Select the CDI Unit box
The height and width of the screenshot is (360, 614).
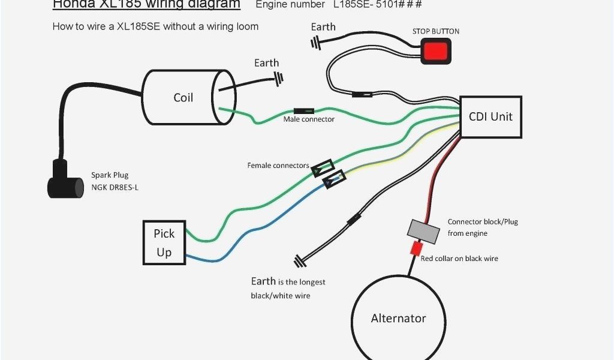[x=490, y=117]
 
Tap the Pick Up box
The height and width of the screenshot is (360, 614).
[x=164, y=242]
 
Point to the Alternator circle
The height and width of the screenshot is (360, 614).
[x=398, y=318]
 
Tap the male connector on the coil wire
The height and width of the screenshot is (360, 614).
[x=304, y=111]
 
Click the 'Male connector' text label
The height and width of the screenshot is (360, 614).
[x=309, y=119]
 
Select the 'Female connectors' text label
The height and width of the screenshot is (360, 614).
[x=278, y=166]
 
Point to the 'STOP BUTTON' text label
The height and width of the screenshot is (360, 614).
[x=436, y=31]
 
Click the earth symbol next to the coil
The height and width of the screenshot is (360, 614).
[x=278, y=78]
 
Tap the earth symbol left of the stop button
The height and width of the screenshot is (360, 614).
[x=315, y=42]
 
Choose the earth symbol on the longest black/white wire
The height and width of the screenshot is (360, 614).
[x=299, y=261]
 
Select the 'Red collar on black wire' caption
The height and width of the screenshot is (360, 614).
[x=459, y=259]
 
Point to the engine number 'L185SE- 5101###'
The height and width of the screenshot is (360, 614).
[x=378, y=5]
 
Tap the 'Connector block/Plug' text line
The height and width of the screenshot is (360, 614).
[x=483, y=222]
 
